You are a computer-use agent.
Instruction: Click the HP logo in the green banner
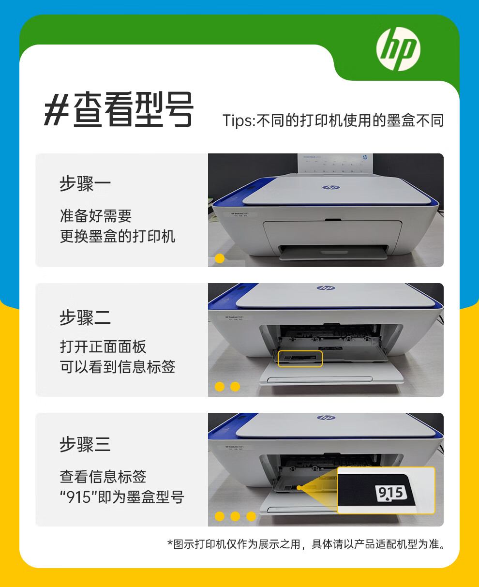pyautogui.click(x=398, y=49)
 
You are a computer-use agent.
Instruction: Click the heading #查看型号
pyautogui.click(x=119, y=110)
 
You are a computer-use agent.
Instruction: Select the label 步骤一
pyautogui.click(x=85, y=184)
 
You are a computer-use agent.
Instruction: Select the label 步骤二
pyautogui.click(x=85, y=318)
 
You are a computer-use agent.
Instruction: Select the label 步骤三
pyautogui.click(x=85, y=445)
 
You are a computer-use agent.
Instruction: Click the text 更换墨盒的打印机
pyautogui.click(x=117, y=237)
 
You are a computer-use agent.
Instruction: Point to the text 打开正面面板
pyautogui.click(x=103, y=346)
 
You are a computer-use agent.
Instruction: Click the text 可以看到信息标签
pyautogui.click(x=117, y=367)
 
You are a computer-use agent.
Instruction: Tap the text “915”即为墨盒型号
pyautogui.click(x=121, y=497)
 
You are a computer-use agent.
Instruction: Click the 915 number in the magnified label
pyautogui.click(x=390, y=493)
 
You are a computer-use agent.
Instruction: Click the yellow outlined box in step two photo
pyautogui.click(x=300, y=359)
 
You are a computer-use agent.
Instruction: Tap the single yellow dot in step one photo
pyautogui.click(x=219, y=258)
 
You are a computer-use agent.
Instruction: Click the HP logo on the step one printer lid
pyautogui.click(x=331, y=187)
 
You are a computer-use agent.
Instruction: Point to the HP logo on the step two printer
pyautogui.click(x=326, y=288)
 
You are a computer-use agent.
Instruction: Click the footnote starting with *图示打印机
pyautogui.click(x=306, y=544)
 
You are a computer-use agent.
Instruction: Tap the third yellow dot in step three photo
pyautogui.click(x=251, y=516)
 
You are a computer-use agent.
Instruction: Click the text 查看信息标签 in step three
pyautogui.click(x=103, y=477)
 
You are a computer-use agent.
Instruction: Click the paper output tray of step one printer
pyautogui.click(x=334, y=252)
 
